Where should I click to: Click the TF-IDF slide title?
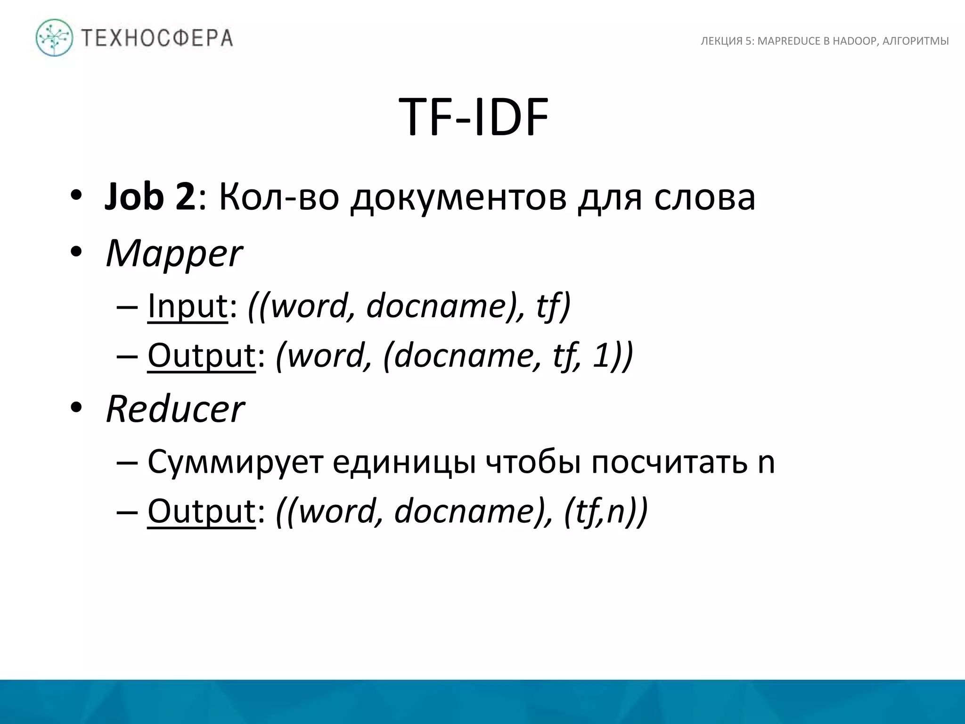[x=474, y=118]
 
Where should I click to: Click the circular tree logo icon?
[x=55, y=38]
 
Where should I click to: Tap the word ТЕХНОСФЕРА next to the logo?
[x=157, y=38]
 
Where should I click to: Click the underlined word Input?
[x=188, y=306]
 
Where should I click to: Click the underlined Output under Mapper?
[x=201, y=356]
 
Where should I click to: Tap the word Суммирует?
[x=235, y=462]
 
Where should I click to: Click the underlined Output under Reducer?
[x=201, y=511]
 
